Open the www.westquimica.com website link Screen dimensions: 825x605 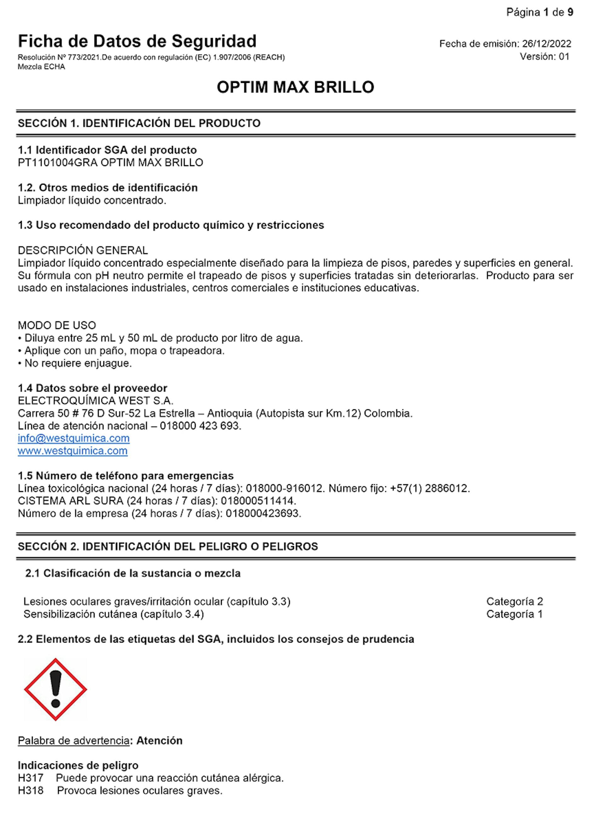pos(72,451)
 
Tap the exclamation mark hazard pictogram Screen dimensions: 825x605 pos(55,689)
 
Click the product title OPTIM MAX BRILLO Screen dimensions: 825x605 pos(295,88)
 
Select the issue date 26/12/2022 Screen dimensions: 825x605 pos(546,44)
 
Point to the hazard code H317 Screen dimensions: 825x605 pos(30,778)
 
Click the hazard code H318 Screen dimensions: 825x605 pos(30,791)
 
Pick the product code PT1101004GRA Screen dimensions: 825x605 pos(57,163)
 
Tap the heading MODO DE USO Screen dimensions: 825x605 pos(57,326)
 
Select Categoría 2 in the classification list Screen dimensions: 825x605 pos(515,602)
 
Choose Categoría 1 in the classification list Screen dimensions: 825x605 pos(515,614)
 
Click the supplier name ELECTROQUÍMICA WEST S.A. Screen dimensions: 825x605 pos(95,401)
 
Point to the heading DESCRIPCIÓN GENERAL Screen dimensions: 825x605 pos(83,251)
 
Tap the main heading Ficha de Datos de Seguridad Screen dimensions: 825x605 pos(137,41)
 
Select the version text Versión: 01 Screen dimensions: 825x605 pos(544,57)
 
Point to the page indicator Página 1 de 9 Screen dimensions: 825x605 pos(539,13)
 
